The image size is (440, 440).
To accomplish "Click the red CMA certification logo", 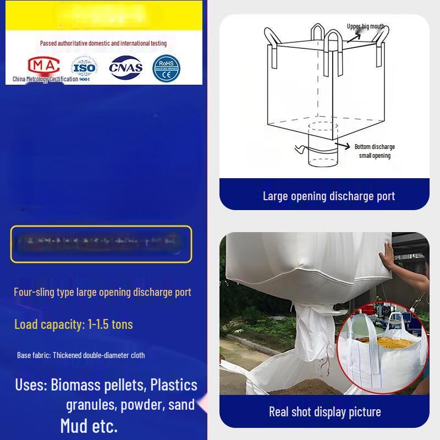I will pos(43,66).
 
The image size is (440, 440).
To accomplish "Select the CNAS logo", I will pos(126,68).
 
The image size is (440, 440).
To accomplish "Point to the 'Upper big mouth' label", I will pos(365,26).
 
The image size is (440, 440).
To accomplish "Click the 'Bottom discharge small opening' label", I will pos(375,151).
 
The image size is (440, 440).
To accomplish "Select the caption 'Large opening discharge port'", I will pos(328,196).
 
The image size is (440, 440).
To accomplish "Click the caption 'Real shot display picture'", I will pos(324,411).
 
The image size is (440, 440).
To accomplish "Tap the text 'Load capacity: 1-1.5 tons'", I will pos(74,324).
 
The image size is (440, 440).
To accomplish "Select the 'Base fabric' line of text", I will pos(81,355).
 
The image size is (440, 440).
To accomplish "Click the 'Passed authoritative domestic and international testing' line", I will pos(103,43).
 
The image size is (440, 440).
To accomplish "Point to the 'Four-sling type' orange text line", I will pos(102,292).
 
